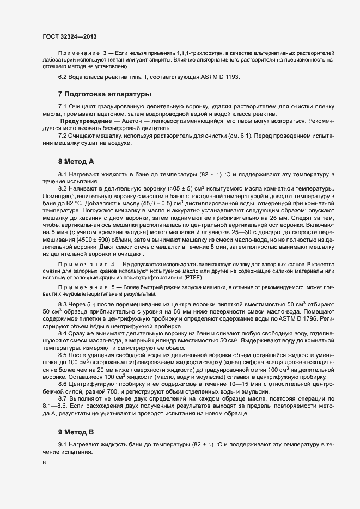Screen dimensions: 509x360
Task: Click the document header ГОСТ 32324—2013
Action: point(69,35)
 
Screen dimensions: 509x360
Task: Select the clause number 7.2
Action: point(62,135)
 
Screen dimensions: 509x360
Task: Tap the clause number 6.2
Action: point(62,76)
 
